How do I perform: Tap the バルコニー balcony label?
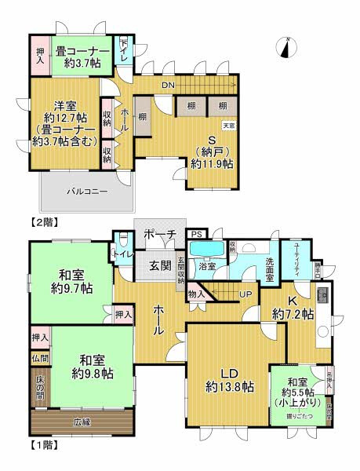pyautogui.click(x=87, y=191)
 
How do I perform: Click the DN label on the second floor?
pyautogui.click(x=168, y=84)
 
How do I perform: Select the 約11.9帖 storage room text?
pyautogui.click(x=213, y=164)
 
